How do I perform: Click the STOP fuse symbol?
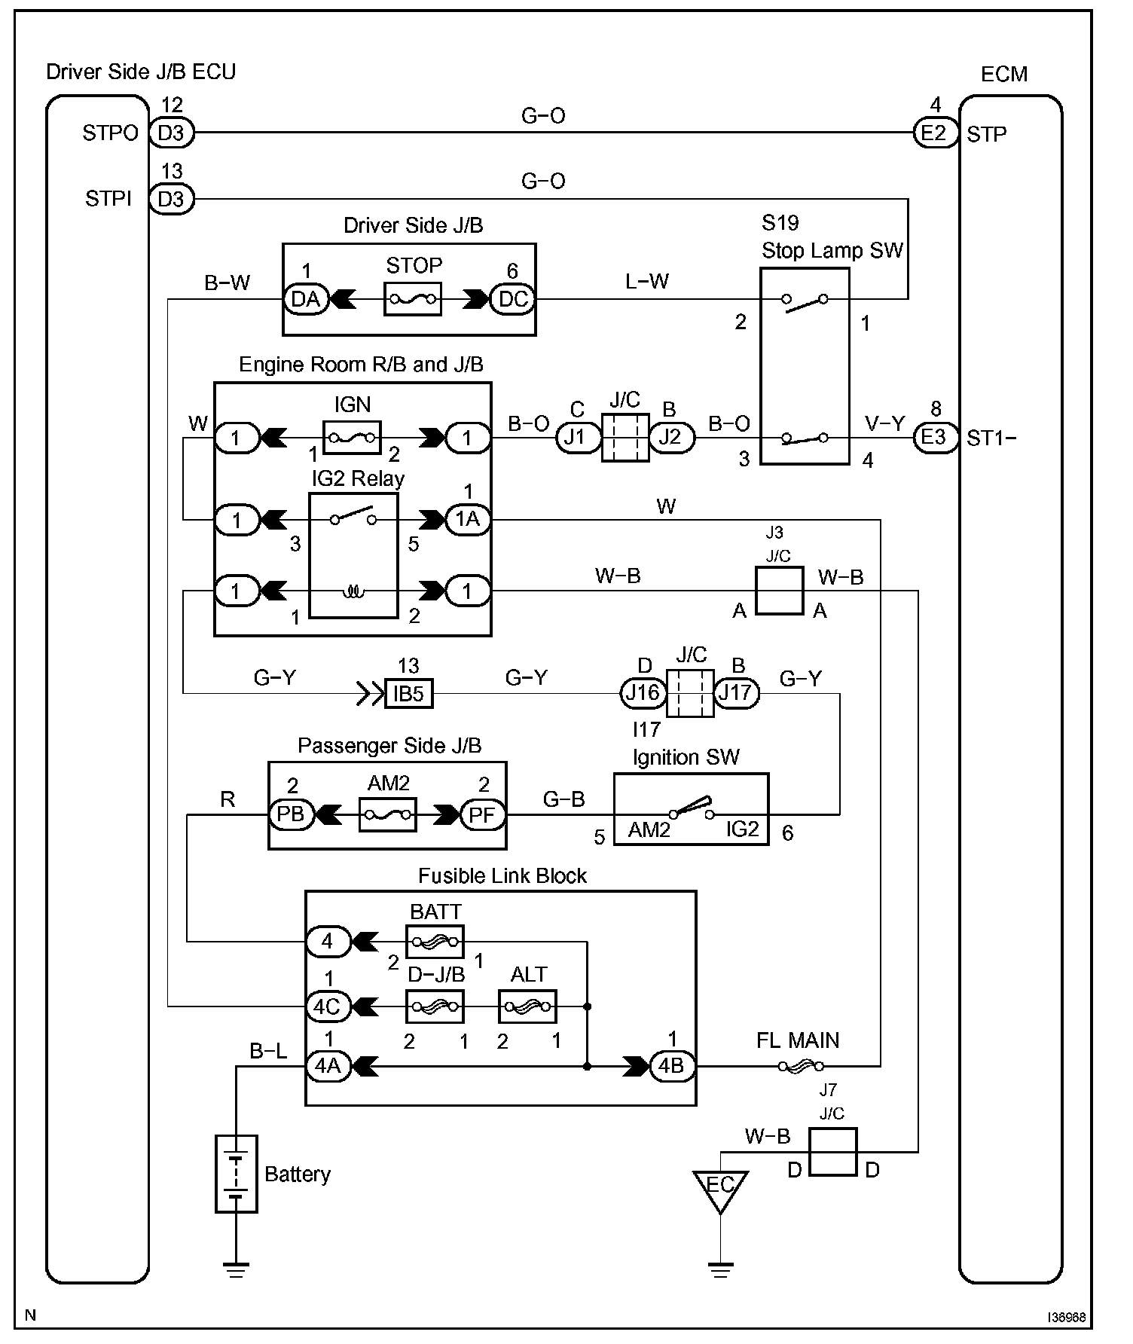413,299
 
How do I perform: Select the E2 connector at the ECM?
934,133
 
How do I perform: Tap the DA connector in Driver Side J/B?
306,299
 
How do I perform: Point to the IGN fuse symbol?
352,437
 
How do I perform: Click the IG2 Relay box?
353,555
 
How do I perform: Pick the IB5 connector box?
409,693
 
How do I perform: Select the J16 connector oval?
643,692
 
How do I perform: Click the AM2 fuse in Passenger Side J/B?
388,814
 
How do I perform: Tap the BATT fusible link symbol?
435,942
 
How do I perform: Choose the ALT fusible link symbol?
527,1006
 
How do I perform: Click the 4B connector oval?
671,1066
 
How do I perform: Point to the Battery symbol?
237,1174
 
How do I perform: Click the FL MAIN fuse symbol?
800,1066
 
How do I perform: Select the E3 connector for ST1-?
934,438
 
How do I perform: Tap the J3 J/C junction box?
780,591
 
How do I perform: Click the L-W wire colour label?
647,282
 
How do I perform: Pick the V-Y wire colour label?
884,424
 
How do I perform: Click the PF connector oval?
482,814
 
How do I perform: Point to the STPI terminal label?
108,199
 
